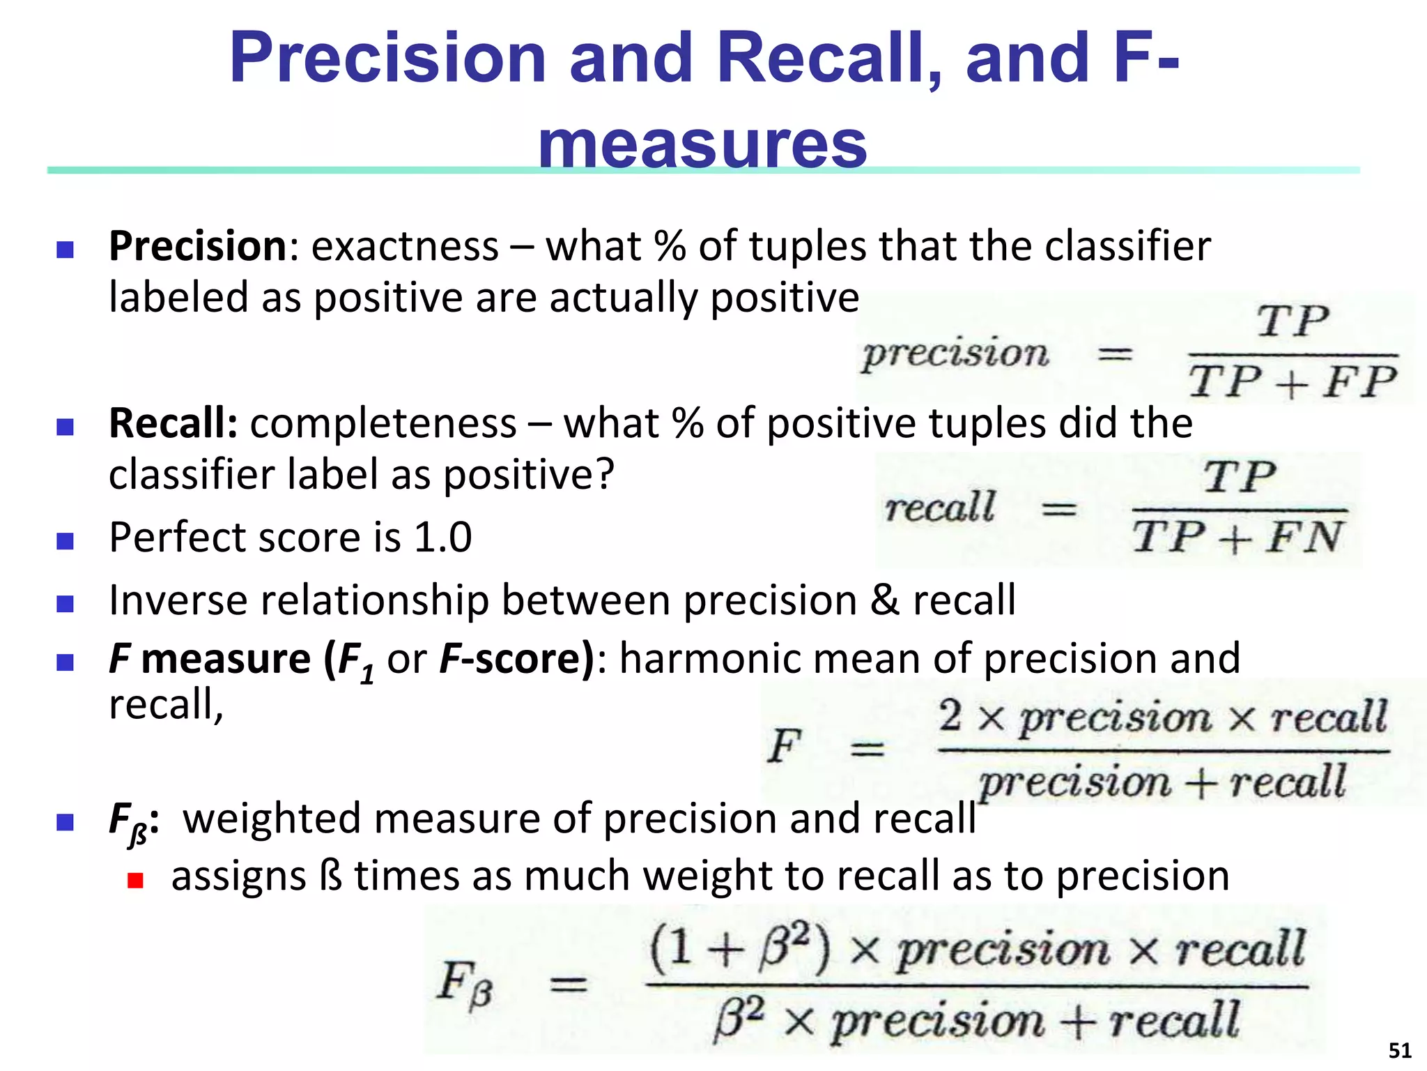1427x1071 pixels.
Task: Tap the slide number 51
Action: (1400, 1050)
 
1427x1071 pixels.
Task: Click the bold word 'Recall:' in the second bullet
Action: (173, 423)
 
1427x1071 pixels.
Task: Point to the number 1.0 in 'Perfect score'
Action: (443, 538)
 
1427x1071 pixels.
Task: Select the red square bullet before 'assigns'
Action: (135, 880)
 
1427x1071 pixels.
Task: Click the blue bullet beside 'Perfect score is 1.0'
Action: (65, 541)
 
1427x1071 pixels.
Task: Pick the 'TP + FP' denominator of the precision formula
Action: (1293, 383)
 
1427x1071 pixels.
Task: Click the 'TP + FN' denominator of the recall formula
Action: (1237, 538)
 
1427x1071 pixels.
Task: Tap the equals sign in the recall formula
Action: (1058, 510)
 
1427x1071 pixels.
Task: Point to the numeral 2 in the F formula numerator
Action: (950, 716)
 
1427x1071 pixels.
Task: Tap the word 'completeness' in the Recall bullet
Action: (383, 423)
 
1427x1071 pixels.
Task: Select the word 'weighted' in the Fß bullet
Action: (272, 819)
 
